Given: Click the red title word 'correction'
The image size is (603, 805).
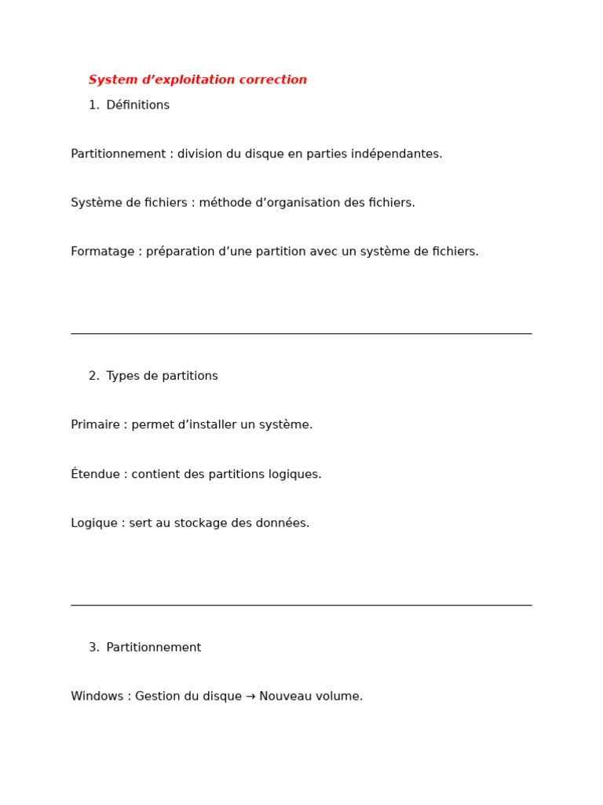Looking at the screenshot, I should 275,80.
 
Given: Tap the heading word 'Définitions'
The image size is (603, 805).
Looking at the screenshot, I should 137,105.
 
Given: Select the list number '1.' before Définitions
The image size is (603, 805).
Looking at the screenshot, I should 94,105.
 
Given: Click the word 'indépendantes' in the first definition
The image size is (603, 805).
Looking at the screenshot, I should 397,154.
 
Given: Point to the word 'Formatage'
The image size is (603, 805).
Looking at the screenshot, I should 102,252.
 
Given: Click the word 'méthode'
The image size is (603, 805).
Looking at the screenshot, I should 226,203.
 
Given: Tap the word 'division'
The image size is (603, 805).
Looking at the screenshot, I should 202,154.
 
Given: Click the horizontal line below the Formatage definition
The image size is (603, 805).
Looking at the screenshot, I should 301,333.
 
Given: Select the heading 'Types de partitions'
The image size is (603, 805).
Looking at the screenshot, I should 162,377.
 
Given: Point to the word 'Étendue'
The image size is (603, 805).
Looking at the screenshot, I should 95,474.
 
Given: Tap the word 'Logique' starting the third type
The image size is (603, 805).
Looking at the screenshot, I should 94,524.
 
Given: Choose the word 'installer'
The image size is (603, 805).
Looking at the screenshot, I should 206,425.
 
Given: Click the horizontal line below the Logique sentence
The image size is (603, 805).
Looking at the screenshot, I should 301,605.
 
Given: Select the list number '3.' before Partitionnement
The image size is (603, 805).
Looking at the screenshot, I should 94,648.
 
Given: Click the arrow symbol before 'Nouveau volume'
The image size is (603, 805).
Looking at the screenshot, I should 250,697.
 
